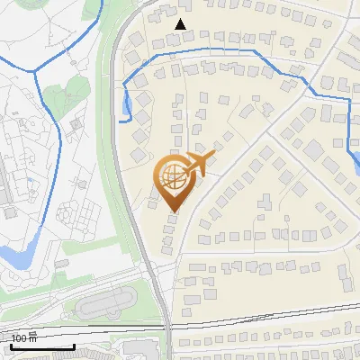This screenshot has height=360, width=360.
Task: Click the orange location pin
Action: pos(174,180)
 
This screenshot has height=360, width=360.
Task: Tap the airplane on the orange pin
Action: pos(197,165)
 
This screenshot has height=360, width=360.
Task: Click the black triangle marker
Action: pos(182,24)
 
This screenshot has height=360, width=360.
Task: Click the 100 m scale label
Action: pos(24,338)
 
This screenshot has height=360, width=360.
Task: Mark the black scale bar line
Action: pos(41,346)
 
